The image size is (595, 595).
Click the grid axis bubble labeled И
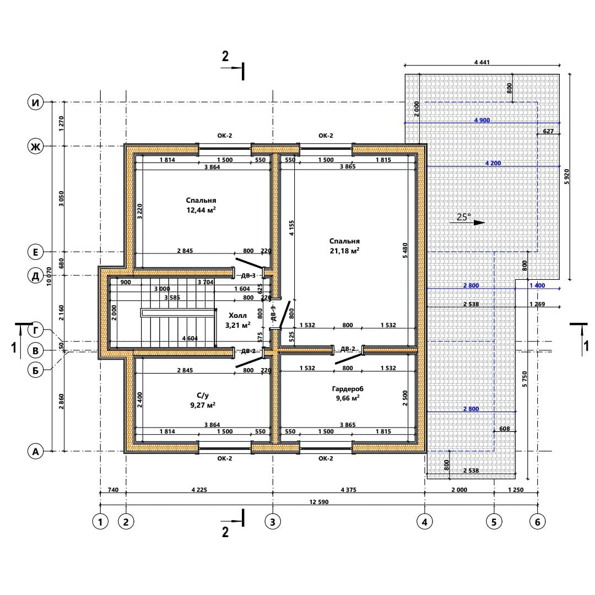pyautogui.click(x=36, y=102)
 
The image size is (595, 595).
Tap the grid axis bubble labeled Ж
pyautogui.click(x=36, y=146)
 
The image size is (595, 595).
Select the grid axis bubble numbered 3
pyautogui.click(x=273, y=522)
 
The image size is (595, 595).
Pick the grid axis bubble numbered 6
pyautogui.click(x=537, y=522)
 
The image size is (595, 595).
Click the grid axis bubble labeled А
pyautogui.click(x=36, y=452)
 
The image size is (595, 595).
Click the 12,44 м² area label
pyautogui.click(x=201, y=210)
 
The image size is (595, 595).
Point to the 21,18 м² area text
pyautogui.click(x=344, y=251)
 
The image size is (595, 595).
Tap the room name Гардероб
pyautogui.click(x=348, y=389)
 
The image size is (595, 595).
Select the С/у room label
pyautogui.click(x=203, y=396)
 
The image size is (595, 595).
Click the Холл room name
pyautogui.click(x=237, y=315)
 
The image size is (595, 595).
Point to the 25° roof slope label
pyautogui.click(x=463, y=217)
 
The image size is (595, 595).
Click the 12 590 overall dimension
pyautogui.click(x=319, y=502)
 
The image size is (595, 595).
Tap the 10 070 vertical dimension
pyautogui.click(x=49, y=276)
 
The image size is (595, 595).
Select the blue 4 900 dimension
pyautogui.click(x=482, y=120)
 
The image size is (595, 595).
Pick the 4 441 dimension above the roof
pyautogui.click(x=482, y=62)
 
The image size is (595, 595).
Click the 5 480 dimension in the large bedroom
pyautogui.click(x=405, y=251)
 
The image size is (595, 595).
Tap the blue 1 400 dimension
pyautogui.click(x=537, y=285)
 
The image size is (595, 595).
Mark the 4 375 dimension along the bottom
pyautogui.click(x=348, y=490)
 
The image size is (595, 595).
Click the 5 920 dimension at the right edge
pyautogui.click(x=566, y=176)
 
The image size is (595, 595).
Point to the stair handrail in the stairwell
pyautogui.click(x=178, y=313)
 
